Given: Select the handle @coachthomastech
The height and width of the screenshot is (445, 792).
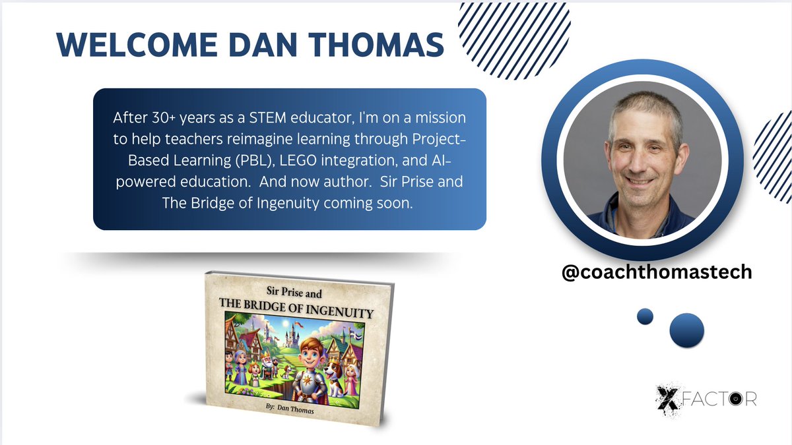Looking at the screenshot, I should click(656, 272).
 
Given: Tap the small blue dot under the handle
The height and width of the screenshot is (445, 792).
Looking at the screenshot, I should click(645, 316).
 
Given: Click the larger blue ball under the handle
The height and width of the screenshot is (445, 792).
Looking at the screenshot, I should click(686, 330).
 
